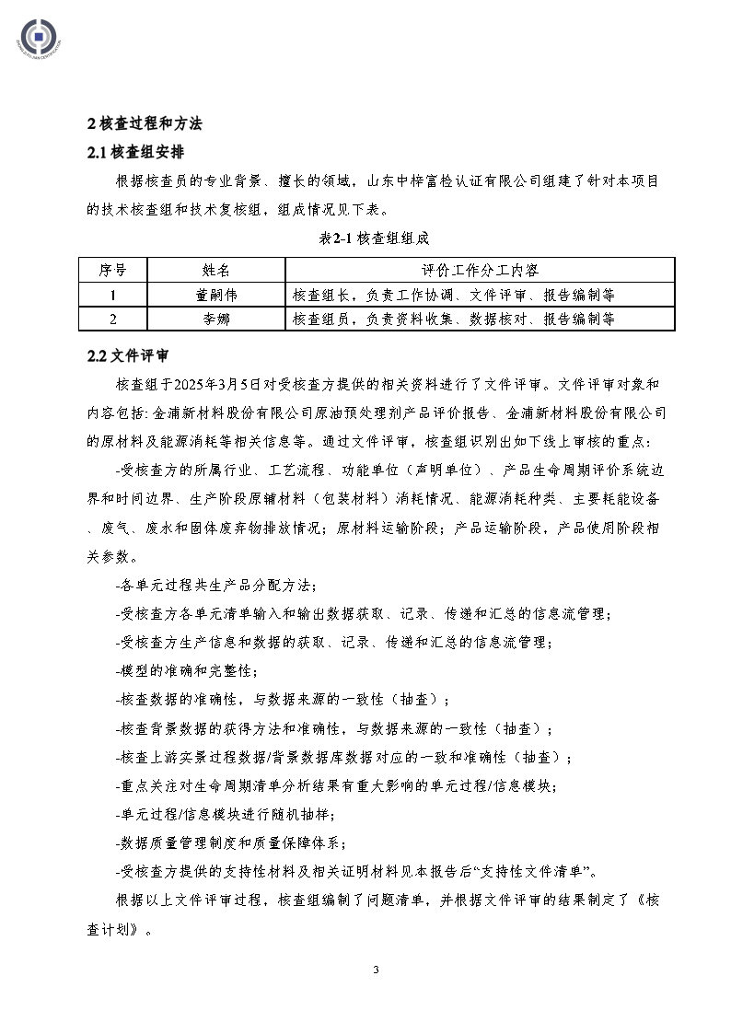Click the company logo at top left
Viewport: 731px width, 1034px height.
[37, 38]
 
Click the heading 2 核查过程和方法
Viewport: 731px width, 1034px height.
[144, 122]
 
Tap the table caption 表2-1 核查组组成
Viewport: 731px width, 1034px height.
[365, 238]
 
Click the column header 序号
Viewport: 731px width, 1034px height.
[112, 271]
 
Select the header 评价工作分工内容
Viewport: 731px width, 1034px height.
[480, 271]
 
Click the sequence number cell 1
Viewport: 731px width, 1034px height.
[112, 295]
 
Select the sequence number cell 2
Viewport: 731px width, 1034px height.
[112, 319]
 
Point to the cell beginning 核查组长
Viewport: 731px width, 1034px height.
[453, 295]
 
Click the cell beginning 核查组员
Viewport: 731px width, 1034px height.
[453, 319]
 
